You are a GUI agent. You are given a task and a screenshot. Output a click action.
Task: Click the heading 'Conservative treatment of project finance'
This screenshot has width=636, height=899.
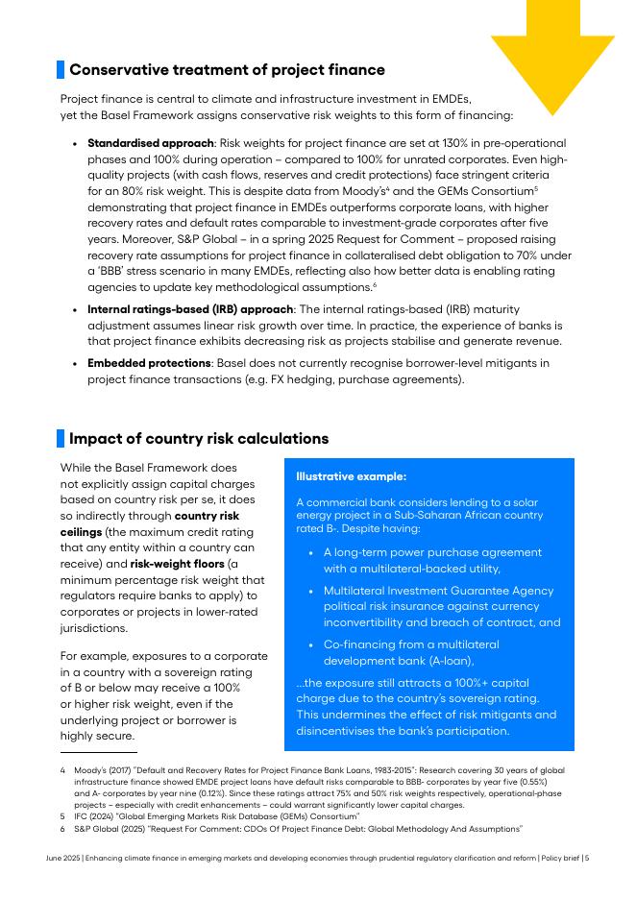coord(227,70)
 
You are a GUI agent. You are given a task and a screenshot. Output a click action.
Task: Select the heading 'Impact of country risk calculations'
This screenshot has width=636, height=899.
coord(199,439)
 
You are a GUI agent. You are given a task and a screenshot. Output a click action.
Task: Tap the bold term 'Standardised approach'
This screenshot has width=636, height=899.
coord(151,143)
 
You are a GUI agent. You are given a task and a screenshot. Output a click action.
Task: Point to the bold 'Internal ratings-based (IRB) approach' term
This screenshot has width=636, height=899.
coord(190,309)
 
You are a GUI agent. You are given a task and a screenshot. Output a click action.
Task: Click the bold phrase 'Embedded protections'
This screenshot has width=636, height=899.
coord(149,363)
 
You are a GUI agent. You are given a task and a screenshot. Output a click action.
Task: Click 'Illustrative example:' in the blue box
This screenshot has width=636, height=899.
coord(351,476)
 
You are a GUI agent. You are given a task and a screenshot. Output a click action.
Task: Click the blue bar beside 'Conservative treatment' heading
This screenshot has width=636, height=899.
coord(61,70)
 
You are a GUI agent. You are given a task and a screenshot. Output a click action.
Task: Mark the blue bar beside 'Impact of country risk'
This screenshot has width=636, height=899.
coord(61,439)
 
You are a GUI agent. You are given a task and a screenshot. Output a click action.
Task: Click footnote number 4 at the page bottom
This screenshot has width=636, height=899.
coord(62,770)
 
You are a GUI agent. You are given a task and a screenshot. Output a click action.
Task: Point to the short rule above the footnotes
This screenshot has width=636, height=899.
coord(99,752)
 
